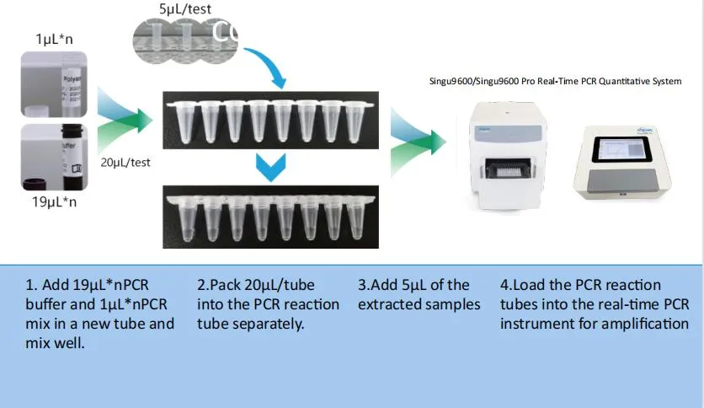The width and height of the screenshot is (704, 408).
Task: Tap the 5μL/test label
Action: click(x=185, y=9)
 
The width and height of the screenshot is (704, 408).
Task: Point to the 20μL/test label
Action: click(x=125, y=162)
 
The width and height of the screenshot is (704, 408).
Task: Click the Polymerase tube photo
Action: click(x=54, y=83)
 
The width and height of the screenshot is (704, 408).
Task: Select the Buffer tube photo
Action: click(x=54, y=158)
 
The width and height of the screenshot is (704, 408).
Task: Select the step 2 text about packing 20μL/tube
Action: click(x=268, y=304)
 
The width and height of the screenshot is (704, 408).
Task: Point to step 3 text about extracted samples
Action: click(x=419, y=295)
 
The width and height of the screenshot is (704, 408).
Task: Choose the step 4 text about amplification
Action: click(x=595, y=304)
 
